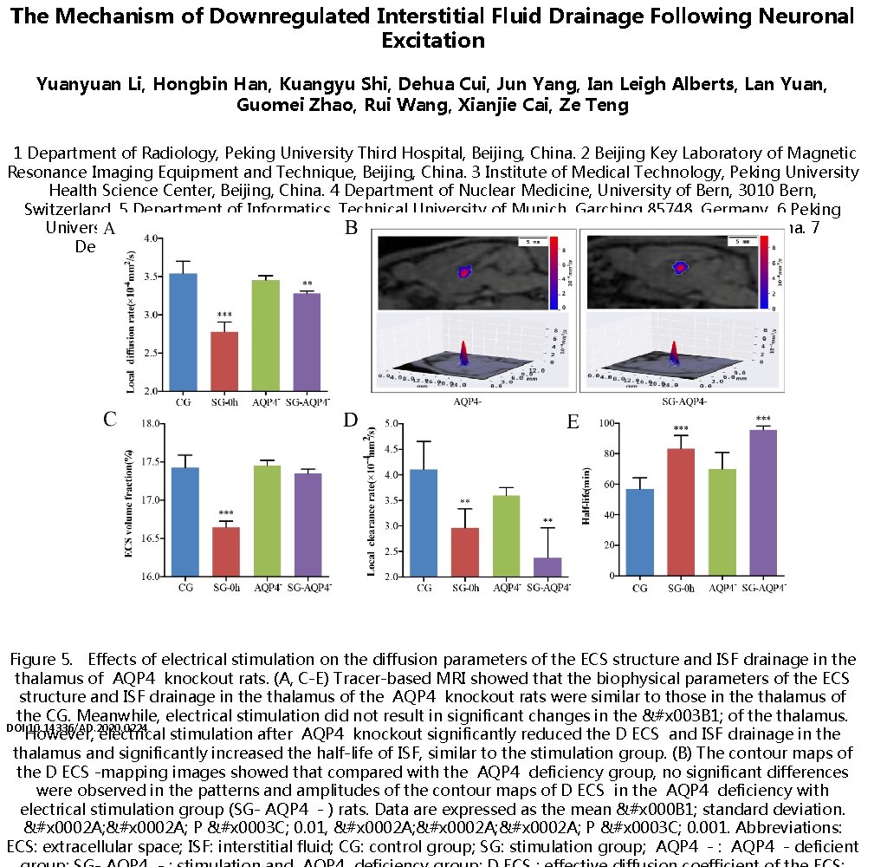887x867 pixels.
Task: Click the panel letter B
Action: tap(351, 229)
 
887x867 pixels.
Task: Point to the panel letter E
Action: tap(573, 422)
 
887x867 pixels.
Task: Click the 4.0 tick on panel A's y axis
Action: tap(150, 238)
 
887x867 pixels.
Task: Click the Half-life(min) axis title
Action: tap(587, 498)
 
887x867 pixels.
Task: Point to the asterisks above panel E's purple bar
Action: tap(763, 419)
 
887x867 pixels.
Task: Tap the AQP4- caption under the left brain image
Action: tap(469, 402)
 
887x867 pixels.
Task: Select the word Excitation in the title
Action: tap(432, 40)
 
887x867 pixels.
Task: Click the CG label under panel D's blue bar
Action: tap(424, 588)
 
